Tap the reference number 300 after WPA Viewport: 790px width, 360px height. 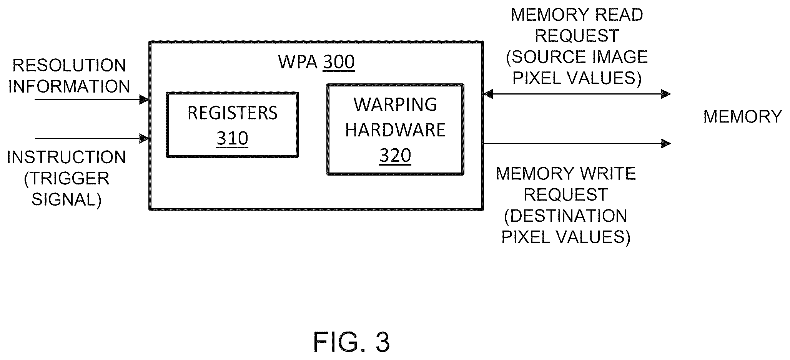click(339, 62)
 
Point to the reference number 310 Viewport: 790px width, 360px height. click(232, 138)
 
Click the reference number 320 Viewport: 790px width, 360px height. click(395, 156)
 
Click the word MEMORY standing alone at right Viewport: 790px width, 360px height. click(743, 116)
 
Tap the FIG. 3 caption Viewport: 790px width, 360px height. click(351, 342)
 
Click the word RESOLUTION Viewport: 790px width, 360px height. click(69, 65)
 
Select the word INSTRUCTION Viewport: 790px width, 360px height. click(67, 157)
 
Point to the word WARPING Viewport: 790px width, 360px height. click(395, 105)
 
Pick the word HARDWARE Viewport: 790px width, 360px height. click(395, 130)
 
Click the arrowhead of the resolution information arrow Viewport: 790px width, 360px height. click(144, 100)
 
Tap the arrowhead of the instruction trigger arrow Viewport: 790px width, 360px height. click(144, 138)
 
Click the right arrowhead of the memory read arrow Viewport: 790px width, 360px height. click(666, 94)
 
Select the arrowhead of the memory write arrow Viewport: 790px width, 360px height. click(666, 143)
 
